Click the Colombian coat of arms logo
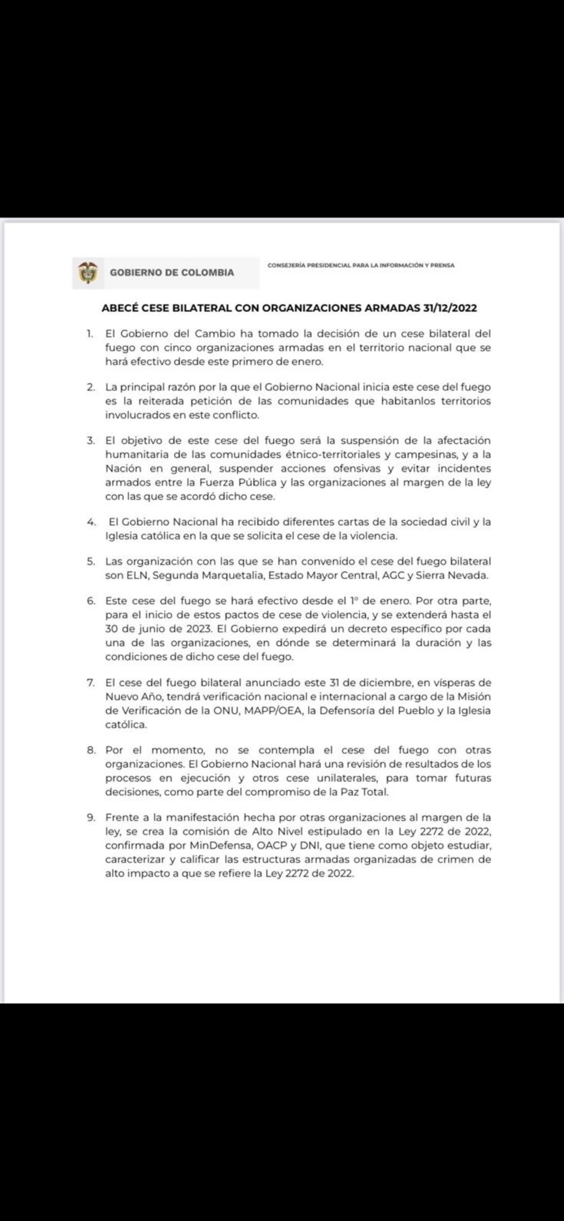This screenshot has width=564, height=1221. [88, 272]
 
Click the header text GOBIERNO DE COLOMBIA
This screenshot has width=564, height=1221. [172, 272]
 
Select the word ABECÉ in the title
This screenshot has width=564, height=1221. [120, 308]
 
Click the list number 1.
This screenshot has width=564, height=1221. [89, 333]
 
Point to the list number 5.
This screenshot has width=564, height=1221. [91, 561]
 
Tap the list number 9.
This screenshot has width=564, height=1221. [91, 817]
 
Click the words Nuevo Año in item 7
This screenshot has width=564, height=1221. [133, 697]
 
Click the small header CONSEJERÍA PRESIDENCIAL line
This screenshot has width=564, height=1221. [361, 265]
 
